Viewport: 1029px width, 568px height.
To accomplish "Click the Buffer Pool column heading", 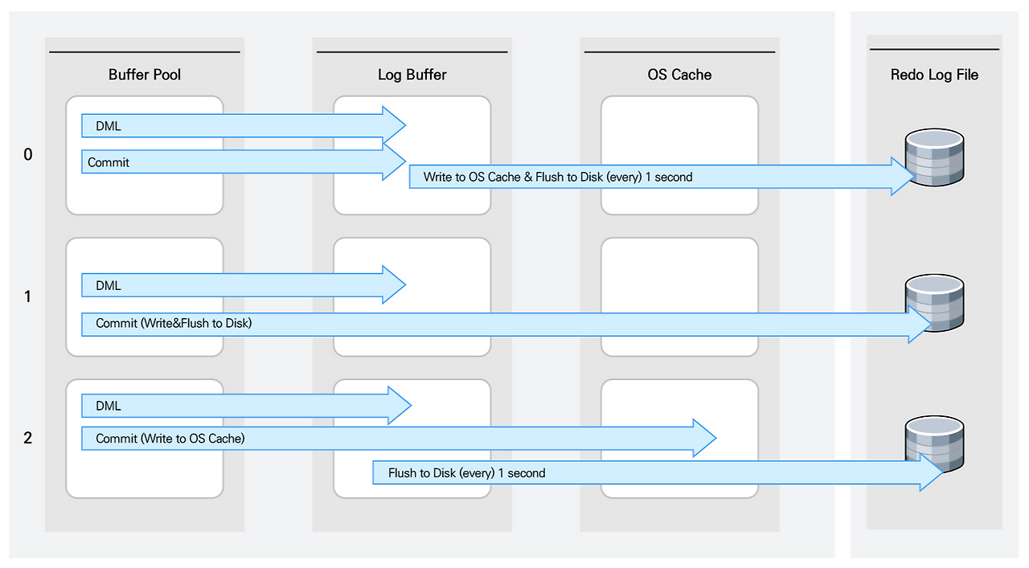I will point(145,75).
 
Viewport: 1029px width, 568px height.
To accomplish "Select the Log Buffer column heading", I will point(412,75).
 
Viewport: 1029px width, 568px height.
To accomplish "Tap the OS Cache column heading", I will point(679,75).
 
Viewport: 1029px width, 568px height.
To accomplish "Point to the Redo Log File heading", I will point(934,75).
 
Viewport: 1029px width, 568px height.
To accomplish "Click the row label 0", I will point(28,154).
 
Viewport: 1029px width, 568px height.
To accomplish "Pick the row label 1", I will point(28,296).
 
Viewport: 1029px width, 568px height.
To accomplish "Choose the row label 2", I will point(28,439).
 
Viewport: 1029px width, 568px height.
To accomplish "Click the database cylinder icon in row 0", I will point(934,157).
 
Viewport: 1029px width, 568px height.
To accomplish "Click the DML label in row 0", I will point(109,125).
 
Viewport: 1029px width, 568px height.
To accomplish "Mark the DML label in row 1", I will point(109,286).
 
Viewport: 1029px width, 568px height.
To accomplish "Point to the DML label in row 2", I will point(109,407).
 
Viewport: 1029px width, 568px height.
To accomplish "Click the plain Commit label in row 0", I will point(109,162).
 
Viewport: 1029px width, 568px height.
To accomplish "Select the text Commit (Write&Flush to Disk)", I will point(174,324).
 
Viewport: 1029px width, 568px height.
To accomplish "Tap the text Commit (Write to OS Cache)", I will point(170,439).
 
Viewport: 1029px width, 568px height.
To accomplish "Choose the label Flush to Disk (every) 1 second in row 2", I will point(466,473).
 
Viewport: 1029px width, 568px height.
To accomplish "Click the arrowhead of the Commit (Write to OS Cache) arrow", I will point(704,439).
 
